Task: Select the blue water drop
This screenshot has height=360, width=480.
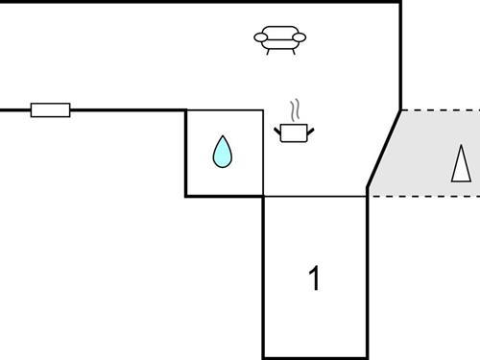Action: (223, 152)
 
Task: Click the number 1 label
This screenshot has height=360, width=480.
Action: (313, 279)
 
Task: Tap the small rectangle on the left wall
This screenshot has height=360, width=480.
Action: (50, 110)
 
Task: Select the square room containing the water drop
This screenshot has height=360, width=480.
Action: (224, 154)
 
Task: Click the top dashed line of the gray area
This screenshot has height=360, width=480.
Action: (440, 109)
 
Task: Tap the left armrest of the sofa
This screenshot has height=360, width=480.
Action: (260, 38)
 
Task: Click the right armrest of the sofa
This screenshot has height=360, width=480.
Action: (300, 38)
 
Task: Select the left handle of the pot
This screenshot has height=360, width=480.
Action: (277, 127)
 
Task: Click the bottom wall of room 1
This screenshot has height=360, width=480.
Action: (315, 358)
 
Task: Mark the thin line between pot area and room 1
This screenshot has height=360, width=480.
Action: (315, 196)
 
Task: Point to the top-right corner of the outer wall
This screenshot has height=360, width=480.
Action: (399, 2)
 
